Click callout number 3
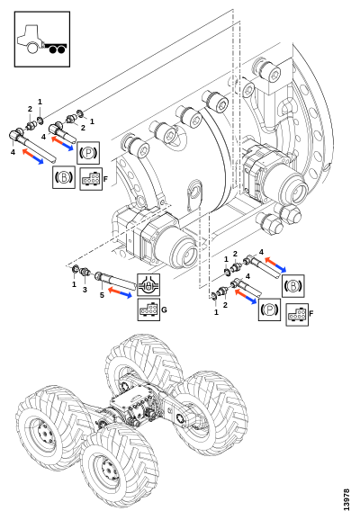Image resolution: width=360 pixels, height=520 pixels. pos(85,290)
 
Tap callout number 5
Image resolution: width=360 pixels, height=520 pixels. pos(102,295)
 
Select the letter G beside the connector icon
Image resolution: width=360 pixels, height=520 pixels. pos(164,310)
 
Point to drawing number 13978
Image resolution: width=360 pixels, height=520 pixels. pos(346,499)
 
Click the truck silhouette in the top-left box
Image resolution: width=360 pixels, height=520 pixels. pos(42,39)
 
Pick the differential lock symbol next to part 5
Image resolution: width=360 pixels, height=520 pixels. pos(148,285)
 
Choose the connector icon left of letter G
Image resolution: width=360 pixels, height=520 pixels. pos(148,309)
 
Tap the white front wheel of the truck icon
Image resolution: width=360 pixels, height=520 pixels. pos(32,48)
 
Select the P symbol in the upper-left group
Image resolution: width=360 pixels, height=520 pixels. pos(88,153)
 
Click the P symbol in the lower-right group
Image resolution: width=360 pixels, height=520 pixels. pos(269,309)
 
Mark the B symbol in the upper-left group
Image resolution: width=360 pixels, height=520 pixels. pos(64,177)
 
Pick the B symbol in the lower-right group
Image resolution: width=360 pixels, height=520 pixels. pos(293,286)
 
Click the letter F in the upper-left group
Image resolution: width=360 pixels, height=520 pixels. pos(105,179)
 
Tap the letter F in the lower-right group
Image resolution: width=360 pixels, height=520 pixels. pos(311,313)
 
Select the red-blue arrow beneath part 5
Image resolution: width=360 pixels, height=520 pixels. pos(120,292)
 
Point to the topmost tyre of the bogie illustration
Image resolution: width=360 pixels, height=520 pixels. pos(143,364)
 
